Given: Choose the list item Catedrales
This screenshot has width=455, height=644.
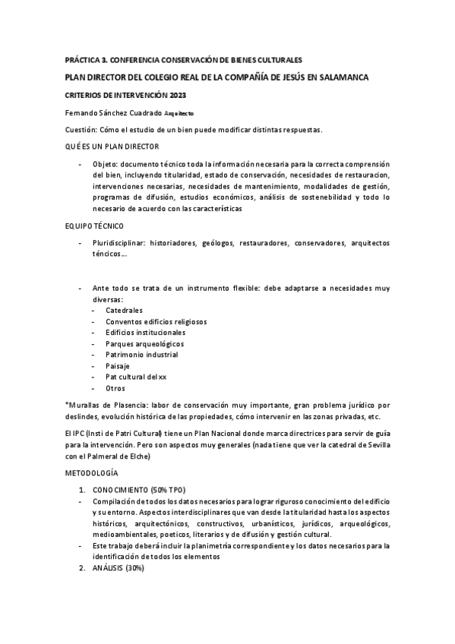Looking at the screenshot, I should [124, 310].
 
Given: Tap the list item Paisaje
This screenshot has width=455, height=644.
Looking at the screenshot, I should [118, 366].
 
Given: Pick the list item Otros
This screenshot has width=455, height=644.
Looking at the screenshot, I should [116, 388].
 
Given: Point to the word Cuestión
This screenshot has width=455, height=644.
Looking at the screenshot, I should [81, 129].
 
